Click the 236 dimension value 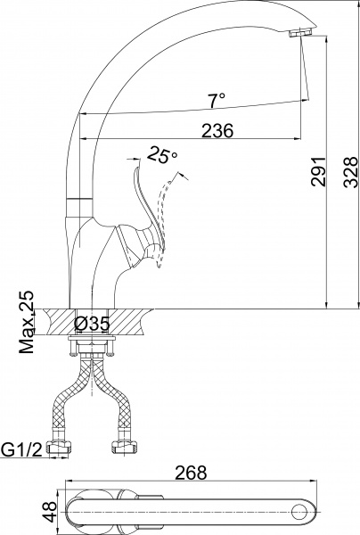(217, 130)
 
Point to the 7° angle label (217, 99)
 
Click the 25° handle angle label (163, 155)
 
